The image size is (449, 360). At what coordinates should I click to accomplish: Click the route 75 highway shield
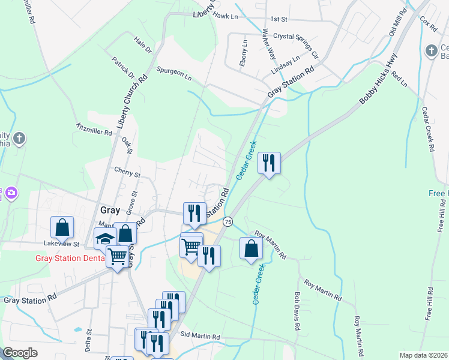pos(228,222)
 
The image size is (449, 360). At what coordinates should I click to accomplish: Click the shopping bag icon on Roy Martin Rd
pos(251,248)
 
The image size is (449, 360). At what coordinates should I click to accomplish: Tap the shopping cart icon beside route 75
pos(191,245)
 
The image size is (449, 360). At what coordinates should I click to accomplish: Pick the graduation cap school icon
pos(105,238)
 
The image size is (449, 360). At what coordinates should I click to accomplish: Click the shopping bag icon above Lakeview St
pos(62,227)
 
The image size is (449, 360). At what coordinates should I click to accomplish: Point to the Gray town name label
pos(110,210)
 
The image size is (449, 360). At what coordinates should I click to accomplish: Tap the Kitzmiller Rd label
pos(94,129)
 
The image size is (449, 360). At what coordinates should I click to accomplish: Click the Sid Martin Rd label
pos(200,337)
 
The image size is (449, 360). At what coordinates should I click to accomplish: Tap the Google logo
pos(20,353)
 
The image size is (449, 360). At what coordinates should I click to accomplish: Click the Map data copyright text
pos(423,355)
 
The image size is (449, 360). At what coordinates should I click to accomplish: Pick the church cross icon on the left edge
pos(19,139)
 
